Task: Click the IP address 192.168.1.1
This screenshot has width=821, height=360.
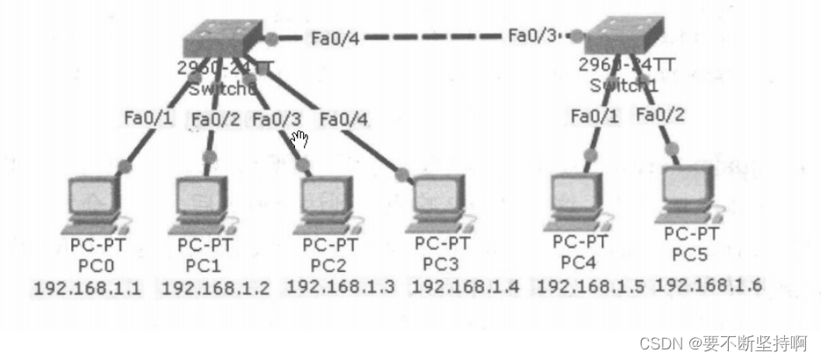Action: (x=87, y=288)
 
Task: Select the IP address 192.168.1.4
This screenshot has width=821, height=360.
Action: (x=465, y=286)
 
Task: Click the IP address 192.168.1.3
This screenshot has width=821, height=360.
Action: (x=341, y=286)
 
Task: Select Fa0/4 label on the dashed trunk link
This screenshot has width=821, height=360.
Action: (x=334, y=38)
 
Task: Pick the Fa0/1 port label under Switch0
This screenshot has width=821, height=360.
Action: (x=147, y=119)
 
